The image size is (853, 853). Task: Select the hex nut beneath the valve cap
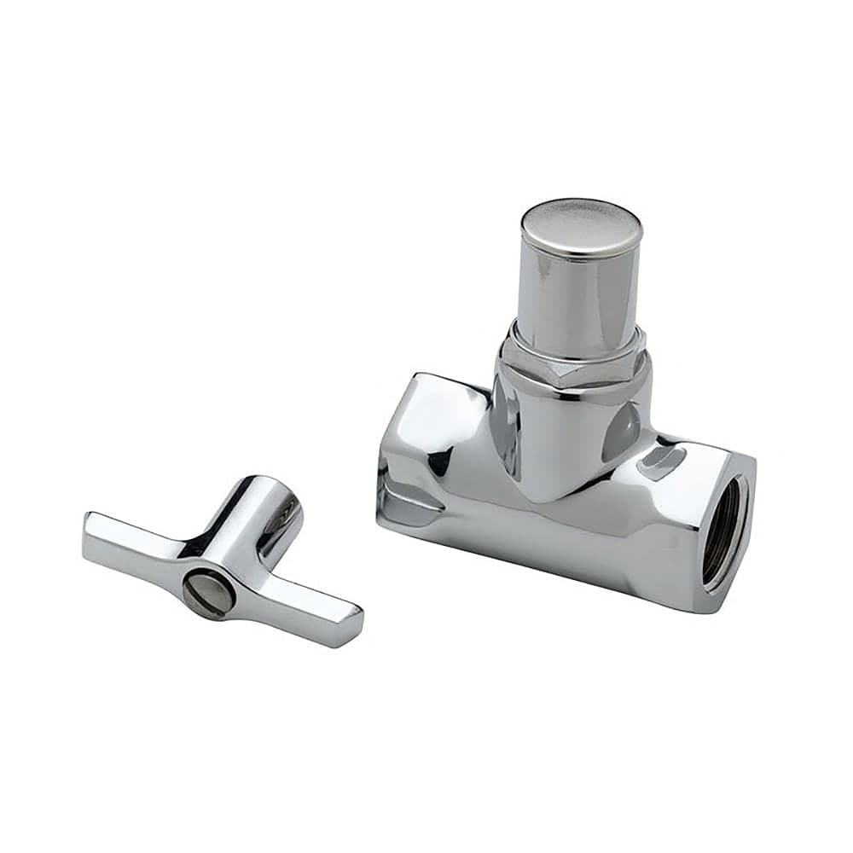tap(572, 362)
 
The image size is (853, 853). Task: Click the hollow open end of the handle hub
tap(282, 512)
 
